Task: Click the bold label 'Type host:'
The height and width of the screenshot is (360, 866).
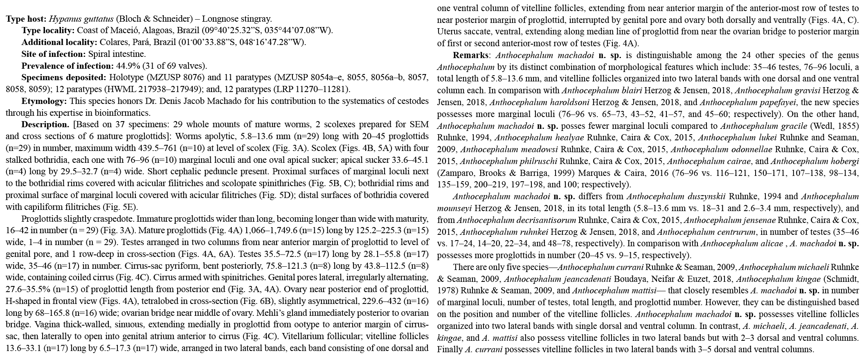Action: tap(26, 19)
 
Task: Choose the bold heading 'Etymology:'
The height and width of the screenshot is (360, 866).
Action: tap(44, 101)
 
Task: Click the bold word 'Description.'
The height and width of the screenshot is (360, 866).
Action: tap(45, 124)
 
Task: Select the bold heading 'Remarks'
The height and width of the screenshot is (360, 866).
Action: tap(470, 55)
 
